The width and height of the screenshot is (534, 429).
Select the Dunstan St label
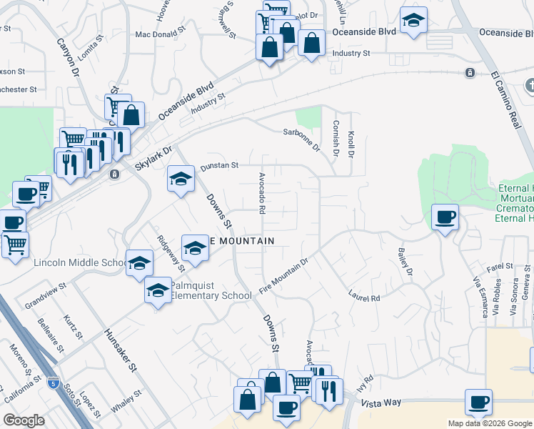218,166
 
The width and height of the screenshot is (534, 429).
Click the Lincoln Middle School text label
79,262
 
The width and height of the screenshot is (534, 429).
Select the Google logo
24,420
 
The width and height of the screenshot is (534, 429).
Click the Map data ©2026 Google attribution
490,423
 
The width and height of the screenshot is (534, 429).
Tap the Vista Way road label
381,403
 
